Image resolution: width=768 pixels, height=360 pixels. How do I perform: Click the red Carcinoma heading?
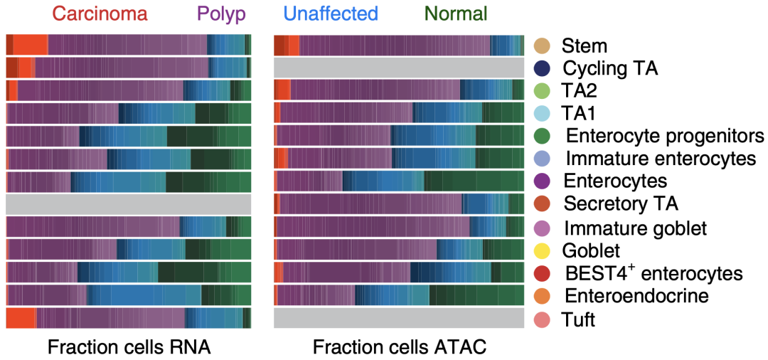pyautogui.click(x=100, y=14)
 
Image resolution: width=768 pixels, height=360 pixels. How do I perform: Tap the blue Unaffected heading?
pyautogui.click(x=330, y=14)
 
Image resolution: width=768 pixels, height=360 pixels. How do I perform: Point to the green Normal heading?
pyautogui.click(x=456, y=14)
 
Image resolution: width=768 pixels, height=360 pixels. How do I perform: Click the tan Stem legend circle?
pyautogui.click(x=543, y=46)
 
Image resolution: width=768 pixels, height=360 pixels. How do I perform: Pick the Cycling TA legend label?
pyautogui.click(x=611, y=69)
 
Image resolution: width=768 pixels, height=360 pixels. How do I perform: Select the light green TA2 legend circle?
pyautogui.click(x=543, y=92)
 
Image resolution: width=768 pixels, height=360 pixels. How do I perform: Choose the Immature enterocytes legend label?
pyautogui.click(x=661, y=158)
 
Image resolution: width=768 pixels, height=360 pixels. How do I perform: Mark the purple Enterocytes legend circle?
pyautogui.click(x=543, y=181)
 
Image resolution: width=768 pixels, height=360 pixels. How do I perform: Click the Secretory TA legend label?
pyautogui.click(x=621, y=204)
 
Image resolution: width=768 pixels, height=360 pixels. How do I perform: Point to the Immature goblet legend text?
pyautogui.click(x=635, y=228)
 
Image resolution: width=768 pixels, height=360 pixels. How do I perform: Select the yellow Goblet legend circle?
pyautogui.click(x=543, y=250)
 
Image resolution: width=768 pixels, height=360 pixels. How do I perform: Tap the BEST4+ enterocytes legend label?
pyautogui.click(x=653, y=273)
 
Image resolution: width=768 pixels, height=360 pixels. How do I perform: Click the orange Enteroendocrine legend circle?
pyautogui.click(x=543, y=296)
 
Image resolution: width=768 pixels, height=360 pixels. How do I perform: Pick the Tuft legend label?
pyautogui.click(x=578, y=319)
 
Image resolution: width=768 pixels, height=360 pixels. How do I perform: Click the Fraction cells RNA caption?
pyautogui.click(x=129, y=347)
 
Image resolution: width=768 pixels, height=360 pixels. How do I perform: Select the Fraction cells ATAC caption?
pyautogui.click(x=400, y=347)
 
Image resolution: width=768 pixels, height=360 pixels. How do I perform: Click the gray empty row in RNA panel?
pyautogui.click(x=129, y=204)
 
